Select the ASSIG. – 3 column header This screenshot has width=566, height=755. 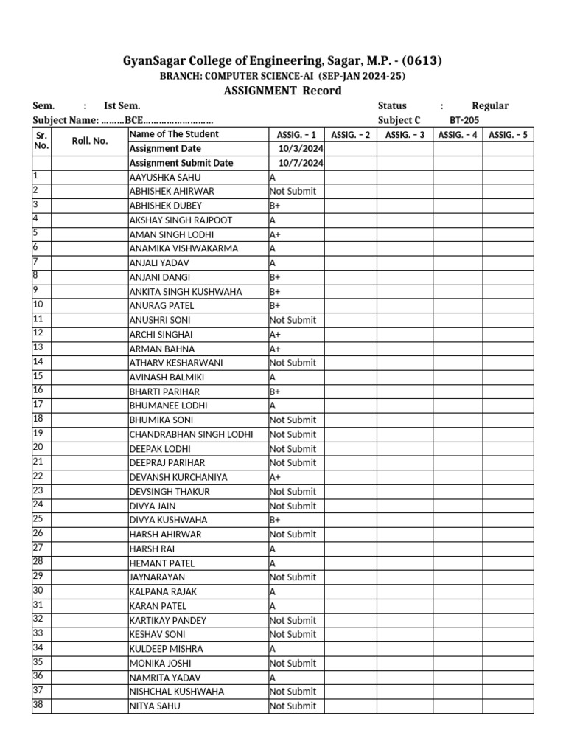click(405, 135)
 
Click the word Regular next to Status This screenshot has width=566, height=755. click(490, 105)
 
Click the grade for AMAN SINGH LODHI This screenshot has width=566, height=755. click(275, 234)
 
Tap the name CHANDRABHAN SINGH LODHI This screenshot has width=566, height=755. click(191, 434)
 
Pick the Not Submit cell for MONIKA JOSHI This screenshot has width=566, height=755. click(293, 663)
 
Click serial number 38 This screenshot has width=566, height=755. click(38, 704)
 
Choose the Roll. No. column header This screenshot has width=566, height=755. click(90, 141)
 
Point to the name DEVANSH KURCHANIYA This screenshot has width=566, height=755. click(178, 477)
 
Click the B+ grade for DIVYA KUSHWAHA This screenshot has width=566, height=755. click(275, 520)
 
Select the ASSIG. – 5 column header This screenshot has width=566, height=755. click(508, 135)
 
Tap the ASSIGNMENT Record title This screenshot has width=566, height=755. click(282, 91)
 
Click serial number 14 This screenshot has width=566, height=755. click(38, 361)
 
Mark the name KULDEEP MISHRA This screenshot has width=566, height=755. click(166, 649)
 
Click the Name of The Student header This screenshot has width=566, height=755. click(174, 134)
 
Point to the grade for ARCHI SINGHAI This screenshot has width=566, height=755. click(275, 334)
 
